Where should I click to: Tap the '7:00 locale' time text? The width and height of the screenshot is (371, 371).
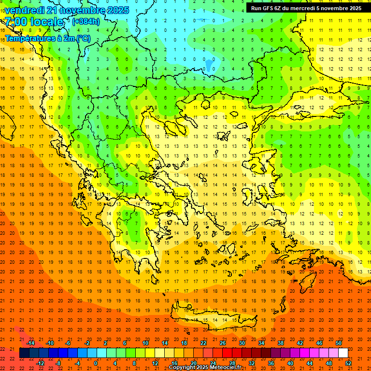(x=34, y=22)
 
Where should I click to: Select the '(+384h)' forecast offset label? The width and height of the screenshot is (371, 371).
(x=86, y=22)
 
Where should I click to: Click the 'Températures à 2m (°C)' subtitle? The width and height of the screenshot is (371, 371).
(x=47, y=38)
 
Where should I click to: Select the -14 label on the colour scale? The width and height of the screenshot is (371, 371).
(x=30, y=343)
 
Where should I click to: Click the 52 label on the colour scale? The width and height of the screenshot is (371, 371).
(x=348, y=363)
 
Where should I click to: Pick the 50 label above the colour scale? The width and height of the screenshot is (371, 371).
(x=339, y=343)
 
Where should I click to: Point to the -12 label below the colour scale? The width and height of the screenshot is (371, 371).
(x=41, y=363)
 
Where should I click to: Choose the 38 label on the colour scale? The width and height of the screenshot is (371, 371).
(x=281, y=343)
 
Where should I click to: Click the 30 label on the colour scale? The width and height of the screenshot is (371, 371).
(x=242, y=343)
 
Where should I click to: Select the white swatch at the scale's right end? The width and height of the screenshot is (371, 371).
(x=343, y=353)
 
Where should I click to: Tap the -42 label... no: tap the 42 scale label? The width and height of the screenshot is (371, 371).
(x=300, y=343)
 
